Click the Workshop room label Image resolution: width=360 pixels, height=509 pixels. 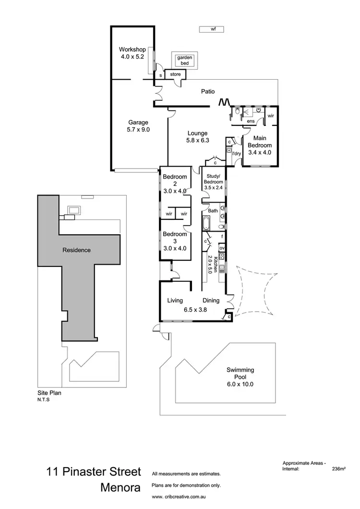(132, 49)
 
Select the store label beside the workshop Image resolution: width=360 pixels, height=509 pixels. (175, 74)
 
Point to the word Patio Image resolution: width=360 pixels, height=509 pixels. (208, 91)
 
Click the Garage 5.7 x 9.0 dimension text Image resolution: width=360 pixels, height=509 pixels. (138, 129)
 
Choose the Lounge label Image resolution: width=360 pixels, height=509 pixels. (197, 133)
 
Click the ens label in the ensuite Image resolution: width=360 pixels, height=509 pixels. (251, 121)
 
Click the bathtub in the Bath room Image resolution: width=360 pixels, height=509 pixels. (206, 224)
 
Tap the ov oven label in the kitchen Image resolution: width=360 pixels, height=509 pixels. (222, 248)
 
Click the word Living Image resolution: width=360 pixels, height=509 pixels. (175, 301)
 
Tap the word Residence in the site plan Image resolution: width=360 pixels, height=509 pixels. (76, 250)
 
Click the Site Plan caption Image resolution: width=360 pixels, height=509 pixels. (49, 392)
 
